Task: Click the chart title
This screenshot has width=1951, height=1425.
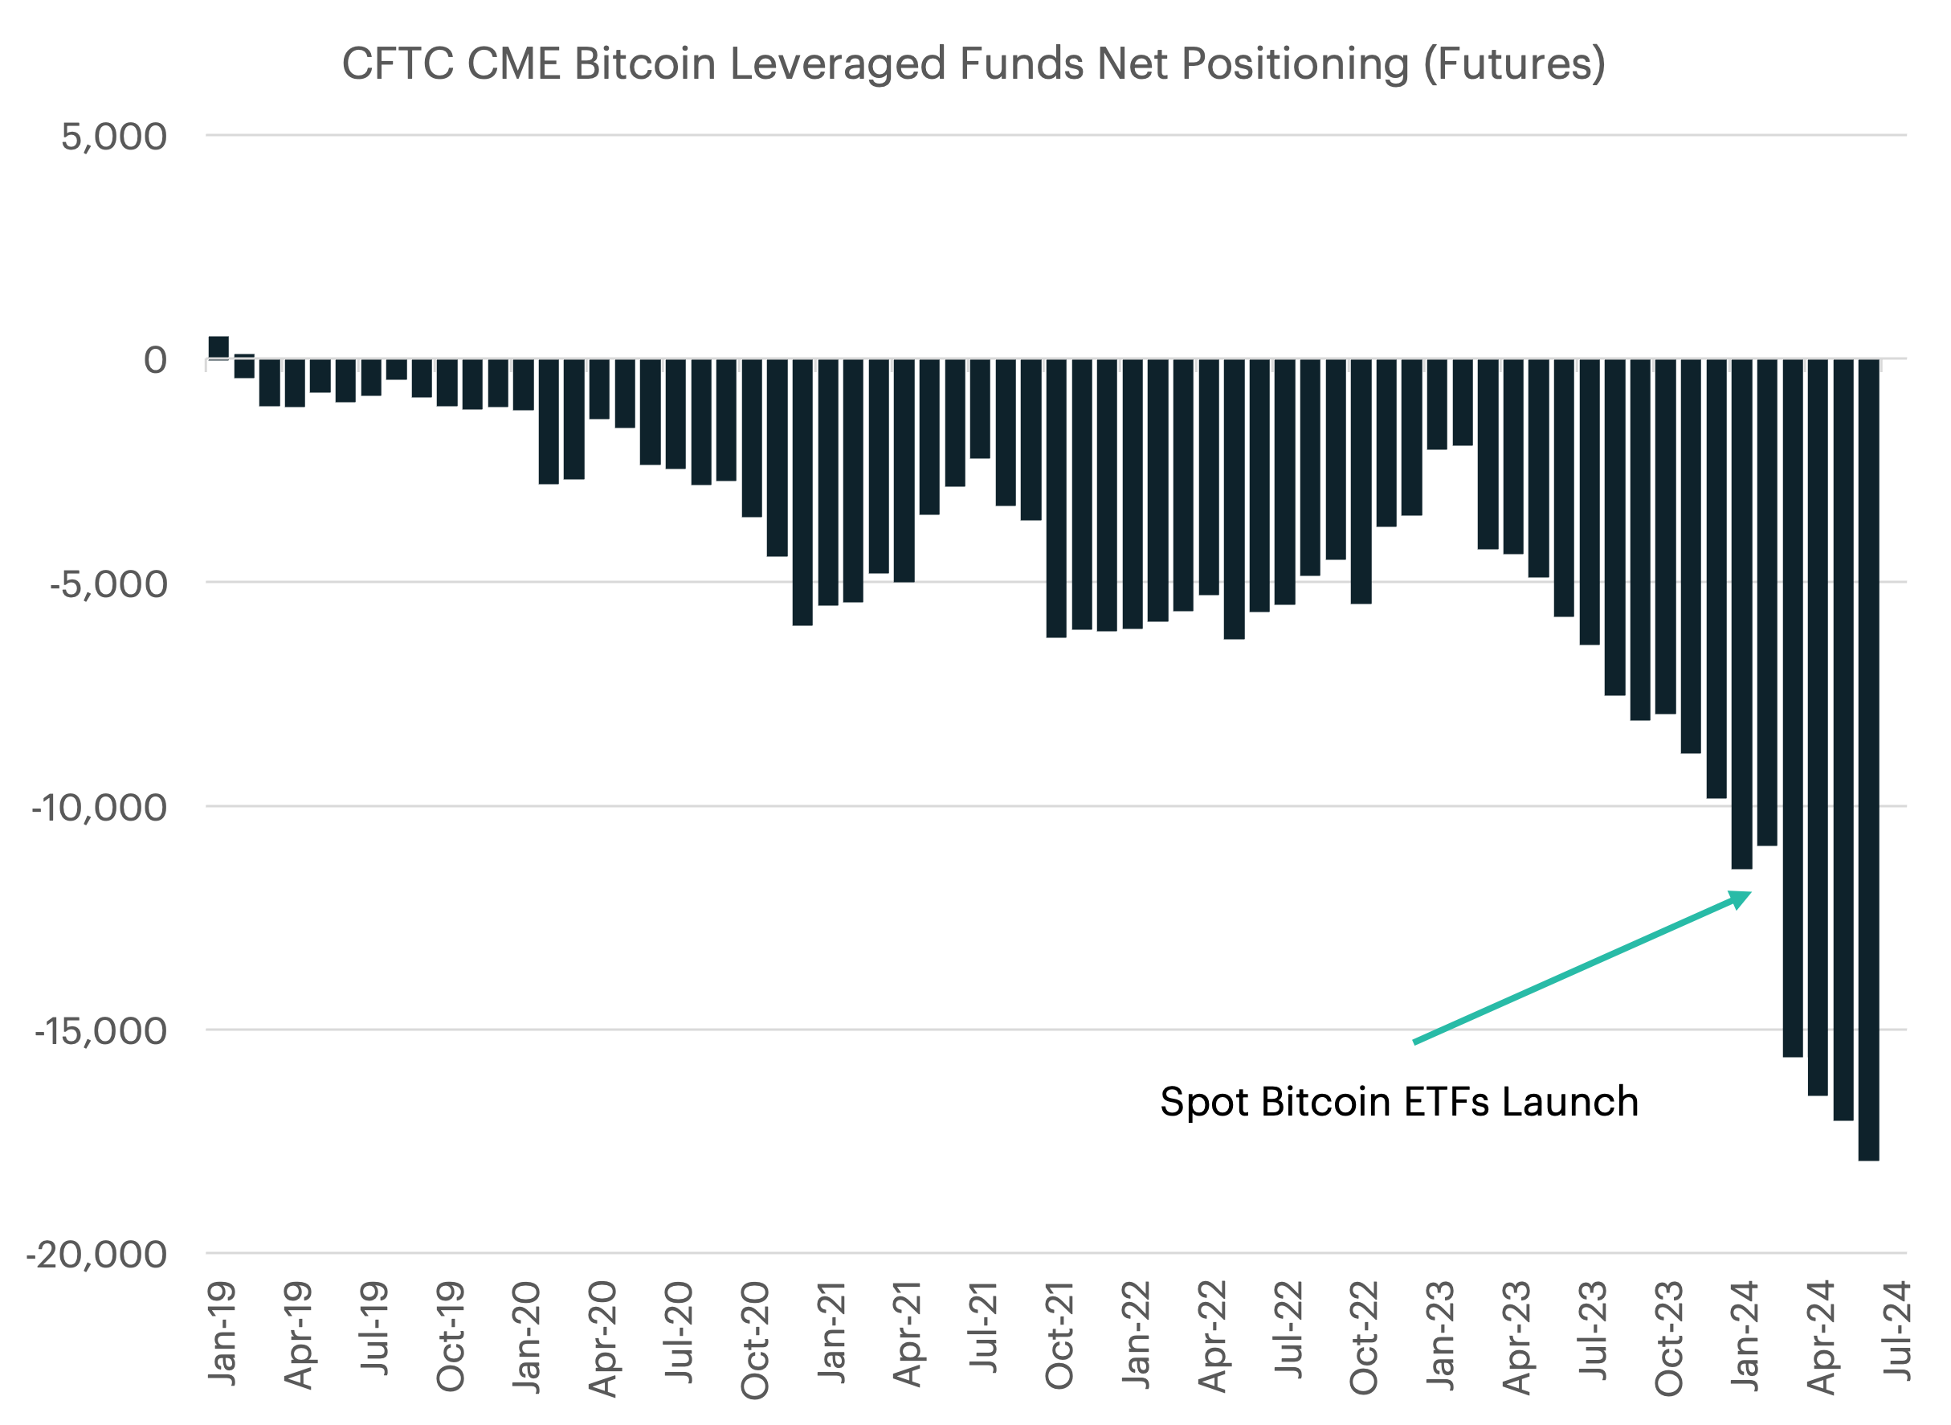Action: tap(973, 63)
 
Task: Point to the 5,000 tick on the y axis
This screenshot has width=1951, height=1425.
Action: tap(114, 137)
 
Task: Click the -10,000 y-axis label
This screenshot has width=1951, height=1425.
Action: tap(99, 809)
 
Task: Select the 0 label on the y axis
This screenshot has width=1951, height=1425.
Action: tap(155, 360)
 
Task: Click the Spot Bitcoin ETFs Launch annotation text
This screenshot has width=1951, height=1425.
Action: tap(1398, 1103)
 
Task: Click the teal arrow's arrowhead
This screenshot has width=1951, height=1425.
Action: tap(1741, 899)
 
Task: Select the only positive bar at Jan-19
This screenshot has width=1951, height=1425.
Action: tap(218, 346)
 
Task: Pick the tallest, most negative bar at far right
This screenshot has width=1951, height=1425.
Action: tap(1868, 759)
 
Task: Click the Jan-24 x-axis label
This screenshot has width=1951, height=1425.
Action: tap(1744, 1335)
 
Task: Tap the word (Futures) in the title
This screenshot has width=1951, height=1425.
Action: tap(1514, 63)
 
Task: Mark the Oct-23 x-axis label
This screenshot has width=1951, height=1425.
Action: tap(1668, 1338)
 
